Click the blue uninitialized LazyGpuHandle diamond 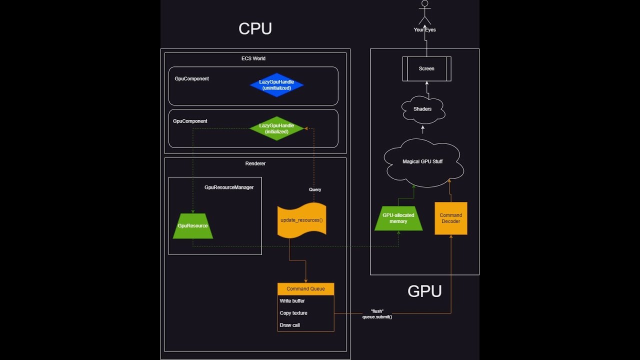pos(276,85)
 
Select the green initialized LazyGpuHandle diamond pos(276,128)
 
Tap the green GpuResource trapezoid pos(193,226)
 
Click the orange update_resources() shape pos(302,220)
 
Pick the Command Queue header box pos(305,289)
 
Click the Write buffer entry pos(292,301)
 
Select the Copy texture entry pos(293,313)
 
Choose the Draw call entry pos(290,325)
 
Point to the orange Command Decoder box pos(451,218)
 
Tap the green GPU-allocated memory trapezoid pos(398,218)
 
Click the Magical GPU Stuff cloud pos(423,162)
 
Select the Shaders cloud pos(422,109)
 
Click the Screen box pos(426,68)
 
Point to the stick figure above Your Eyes pos(425,12)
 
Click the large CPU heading pos(255,29)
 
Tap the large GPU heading pos(424,291)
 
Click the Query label pos(315,189)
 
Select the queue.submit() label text pos(377,317)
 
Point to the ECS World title pos(253,58)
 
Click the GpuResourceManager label pos(229,187)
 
